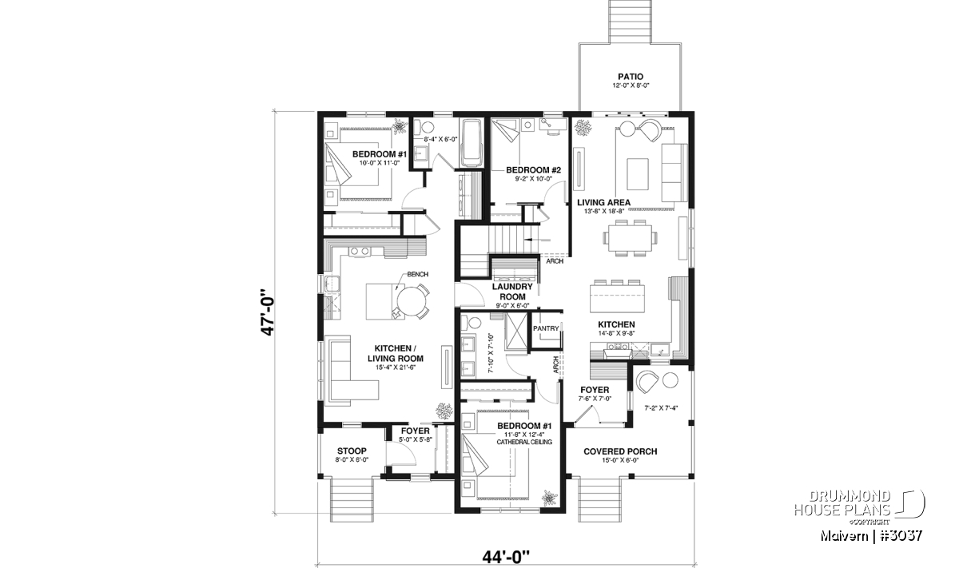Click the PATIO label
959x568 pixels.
tap(631, 77)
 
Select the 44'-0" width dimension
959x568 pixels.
tap(506, 558)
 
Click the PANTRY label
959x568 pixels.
tap(546, 328)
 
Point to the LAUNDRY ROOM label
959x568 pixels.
tap(512, 292)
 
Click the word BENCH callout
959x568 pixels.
tap(417, 274)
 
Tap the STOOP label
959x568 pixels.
tap(352, 451)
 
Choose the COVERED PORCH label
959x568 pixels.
tap(620, 451)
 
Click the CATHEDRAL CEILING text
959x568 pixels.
tap(524, 442)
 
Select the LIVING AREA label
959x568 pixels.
tap(603, 202)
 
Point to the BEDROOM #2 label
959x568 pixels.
tap(533, 170)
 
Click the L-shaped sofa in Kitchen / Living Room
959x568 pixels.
tap(347, 370)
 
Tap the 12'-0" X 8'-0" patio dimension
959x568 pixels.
tap(631, 85)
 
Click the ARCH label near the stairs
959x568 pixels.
tap(555, 260)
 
